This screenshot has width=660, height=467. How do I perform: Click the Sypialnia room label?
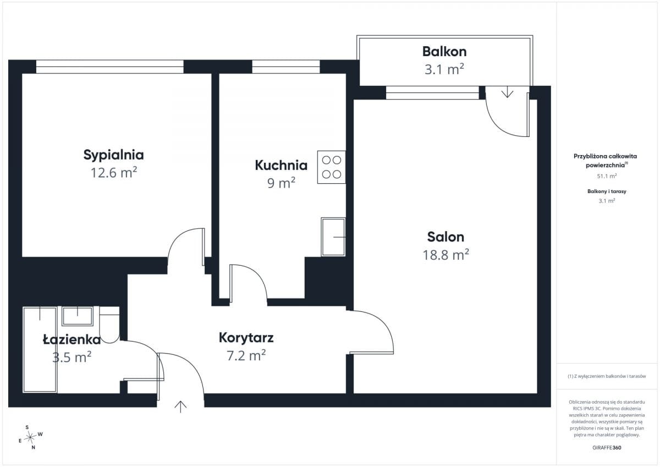pos(113,155)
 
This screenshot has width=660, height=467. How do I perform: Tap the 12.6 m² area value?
pos(114,172)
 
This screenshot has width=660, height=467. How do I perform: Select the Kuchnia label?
pos(281,165)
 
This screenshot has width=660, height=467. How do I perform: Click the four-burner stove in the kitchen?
pos(332,167)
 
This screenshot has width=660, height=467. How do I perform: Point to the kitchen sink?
pos(333,237)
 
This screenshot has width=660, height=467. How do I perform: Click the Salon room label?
pos(446,237)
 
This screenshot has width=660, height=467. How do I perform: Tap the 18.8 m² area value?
pos(446,255)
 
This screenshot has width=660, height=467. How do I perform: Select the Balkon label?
pos(444,52)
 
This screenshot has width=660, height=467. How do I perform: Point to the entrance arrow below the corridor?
pos(180,407)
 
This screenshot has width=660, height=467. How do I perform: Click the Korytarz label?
pos(246,338)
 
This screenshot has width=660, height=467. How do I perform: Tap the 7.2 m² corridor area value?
pos(246,355)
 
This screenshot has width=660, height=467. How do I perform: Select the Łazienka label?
pos(71,339)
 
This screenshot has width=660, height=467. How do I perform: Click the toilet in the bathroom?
pos(109,325)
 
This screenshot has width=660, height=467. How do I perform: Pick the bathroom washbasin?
pos(78,316)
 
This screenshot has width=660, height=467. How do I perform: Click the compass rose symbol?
pos(30,437)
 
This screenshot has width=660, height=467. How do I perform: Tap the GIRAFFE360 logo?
pos(607,448)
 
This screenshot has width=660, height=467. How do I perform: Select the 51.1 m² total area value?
pos(607,176)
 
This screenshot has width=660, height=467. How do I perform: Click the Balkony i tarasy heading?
pos(607,191)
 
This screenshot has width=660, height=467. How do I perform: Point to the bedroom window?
pos(110,67)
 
